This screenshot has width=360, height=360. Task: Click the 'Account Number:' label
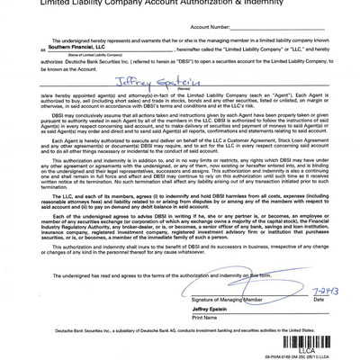pos(210,27)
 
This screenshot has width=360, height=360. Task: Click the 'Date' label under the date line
pos(319,299)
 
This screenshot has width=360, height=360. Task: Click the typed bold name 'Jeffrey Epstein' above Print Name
pos(212,309)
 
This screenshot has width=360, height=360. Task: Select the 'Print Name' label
pos(205,318)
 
